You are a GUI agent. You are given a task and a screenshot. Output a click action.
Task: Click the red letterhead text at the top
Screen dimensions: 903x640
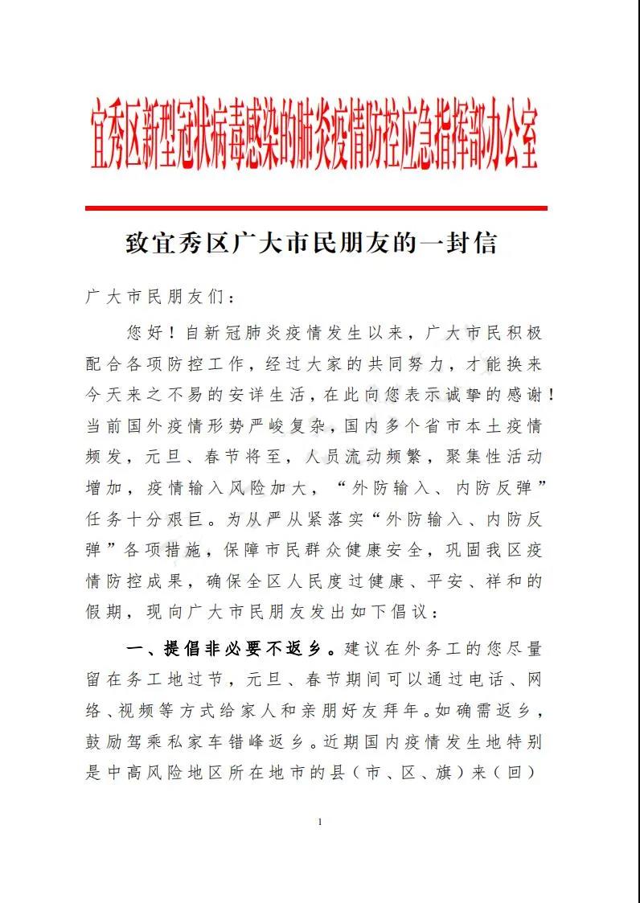(314, 136)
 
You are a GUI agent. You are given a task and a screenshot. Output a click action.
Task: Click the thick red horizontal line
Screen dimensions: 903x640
(316, 208)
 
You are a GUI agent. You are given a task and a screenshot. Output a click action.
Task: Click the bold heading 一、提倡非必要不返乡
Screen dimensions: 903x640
(232, 646)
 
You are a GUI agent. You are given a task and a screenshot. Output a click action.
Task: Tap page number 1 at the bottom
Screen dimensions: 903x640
(320, 821)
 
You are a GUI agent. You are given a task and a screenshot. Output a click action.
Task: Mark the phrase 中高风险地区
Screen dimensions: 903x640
(169, 772)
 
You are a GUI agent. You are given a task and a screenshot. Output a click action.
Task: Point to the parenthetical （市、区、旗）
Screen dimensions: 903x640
(435, 772)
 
